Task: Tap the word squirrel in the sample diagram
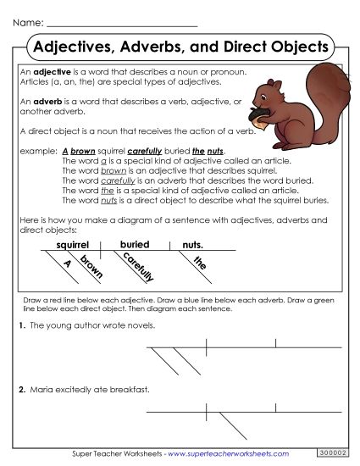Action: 73,245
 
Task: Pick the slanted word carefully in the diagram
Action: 133,269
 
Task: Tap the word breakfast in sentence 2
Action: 130,390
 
